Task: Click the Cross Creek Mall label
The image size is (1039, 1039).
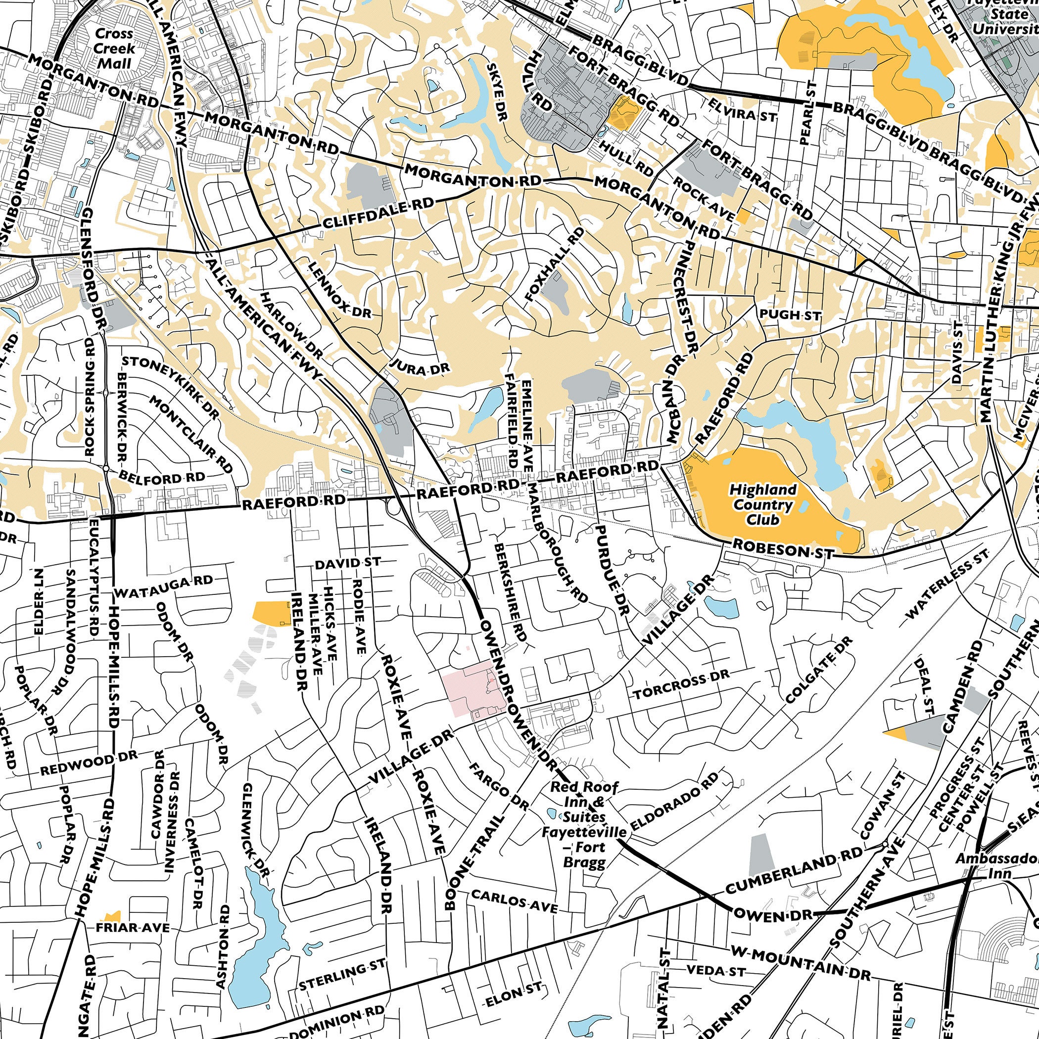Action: pos(114,48)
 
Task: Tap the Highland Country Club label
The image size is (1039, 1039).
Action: pos(762,504)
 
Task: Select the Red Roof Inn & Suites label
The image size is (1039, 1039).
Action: pos(584,828)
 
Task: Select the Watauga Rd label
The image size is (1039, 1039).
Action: pos(164,587)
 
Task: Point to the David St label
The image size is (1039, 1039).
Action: pos(348,563)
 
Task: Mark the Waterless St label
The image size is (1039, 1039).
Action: pos(947,584)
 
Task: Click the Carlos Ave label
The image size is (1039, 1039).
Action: pos(515,901)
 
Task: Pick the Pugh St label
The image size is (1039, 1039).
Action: pos(789,315)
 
